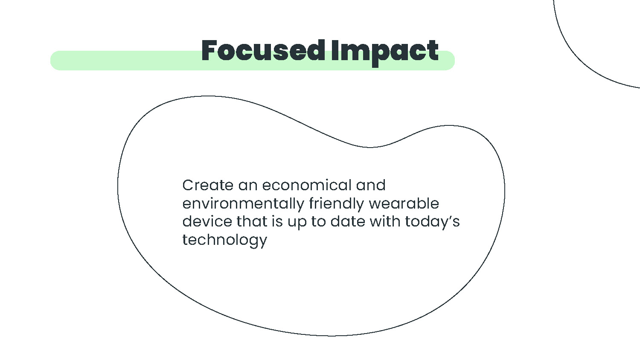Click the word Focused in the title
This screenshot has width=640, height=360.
coord(263,51)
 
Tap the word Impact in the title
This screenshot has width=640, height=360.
coord(385,53)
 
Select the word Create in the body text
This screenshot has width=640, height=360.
coord(208,185)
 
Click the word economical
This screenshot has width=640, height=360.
coord(307,185)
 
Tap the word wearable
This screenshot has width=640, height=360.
coord(404,203)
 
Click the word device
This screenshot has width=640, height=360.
coord(207,221)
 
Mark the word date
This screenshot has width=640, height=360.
coord(348,221)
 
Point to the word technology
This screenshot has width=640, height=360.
coord(224,240)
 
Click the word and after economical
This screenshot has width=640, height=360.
coord(371,185)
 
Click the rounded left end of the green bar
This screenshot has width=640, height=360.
coord(54,61)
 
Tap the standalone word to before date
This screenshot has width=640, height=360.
coord(318,222)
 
